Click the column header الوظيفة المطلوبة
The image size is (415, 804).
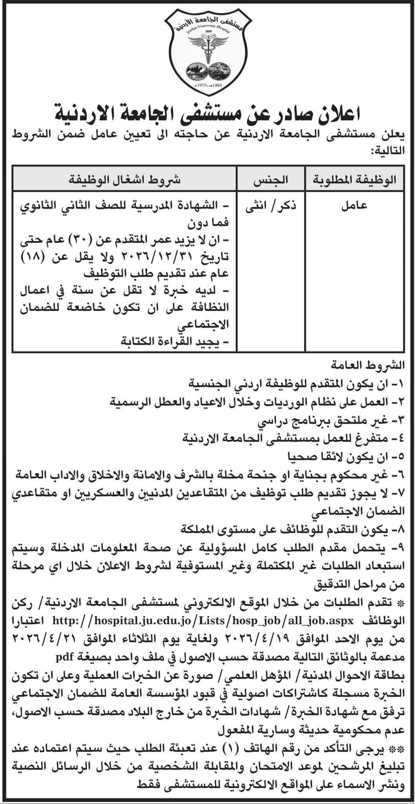[x=355, y=180]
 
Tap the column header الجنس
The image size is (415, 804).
[x=271, y=180]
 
